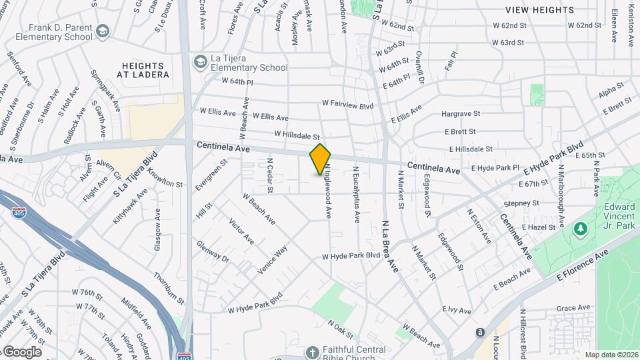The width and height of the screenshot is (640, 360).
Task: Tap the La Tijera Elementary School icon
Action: [x=200, y=62]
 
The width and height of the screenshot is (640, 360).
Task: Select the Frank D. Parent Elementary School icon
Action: [x=102, y=31]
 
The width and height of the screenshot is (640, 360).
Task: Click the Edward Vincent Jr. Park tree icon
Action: [x=580, y=229]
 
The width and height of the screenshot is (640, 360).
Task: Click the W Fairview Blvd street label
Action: [x=347, y=105]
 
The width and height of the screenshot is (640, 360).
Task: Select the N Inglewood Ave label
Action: [x=328, y=193]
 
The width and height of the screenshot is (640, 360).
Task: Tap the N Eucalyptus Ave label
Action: [x=357, y=194]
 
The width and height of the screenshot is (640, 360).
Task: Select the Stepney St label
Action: [x=521, y=203]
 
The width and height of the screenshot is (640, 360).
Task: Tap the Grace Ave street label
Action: [x=573, y=308]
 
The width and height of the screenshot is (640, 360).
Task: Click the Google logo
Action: [x=22, y=352]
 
